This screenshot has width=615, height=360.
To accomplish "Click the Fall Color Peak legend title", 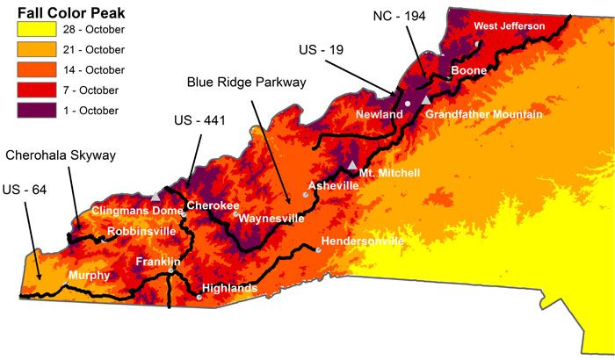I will pyautogui.click(x=71, y=13).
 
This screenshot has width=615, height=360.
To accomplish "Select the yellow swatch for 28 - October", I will pyautogui.click(x=34, y=30).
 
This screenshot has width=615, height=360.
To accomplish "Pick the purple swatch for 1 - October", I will pyautogui.click(x=34, y=111).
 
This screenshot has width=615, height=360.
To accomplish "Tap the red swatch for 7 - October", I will pyautogui.click(x=34, y=90).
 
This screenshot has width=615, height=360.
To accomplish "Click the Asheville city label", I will pyautogui.click(x=333, y=186).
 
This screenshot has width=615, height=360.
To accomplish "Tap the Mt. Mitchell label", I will pyautogui.click(x=390, y=173).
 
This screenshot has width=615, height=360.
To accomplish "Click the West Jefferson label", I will pyautogui.click(x=510, y=26).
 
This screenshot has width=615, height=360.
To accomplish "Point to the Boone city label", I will pyautogui.click(x=468, y=70).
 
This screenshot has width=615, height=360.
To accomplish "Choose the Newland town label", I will pyautogui.click(x=379, y=115).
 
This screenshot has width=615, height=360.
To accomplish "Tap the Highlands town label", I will pyautogui.click(x=229, y=288).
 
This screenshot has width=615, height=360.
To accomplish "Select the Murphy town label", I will pyautogui.click(x=89, y=276).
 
